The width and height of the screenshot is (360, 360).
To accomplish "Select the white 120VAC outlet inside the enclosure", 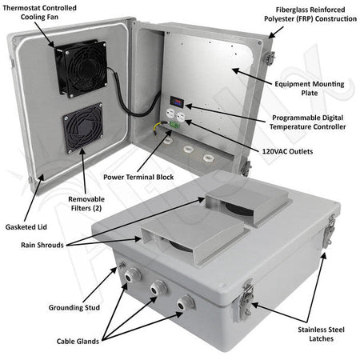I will coord(175,115).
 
